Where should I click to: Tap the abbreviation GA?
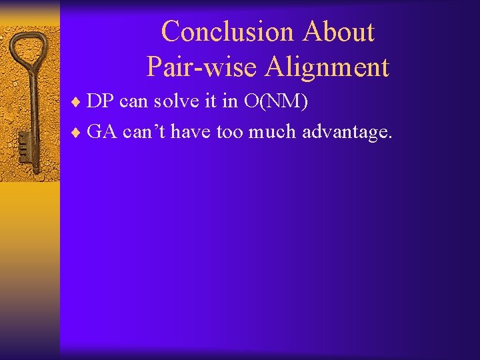[102, 132]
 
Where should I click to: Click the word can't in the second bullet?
[145, 132]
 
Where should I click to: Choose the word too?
[230, 132]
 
